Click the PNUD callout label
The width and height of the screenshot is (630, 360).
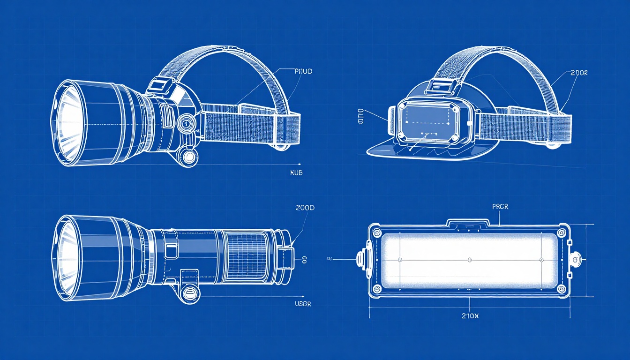click(x=303, y=72)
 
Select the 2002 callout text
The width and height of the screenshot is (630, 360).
click(x=579, y=73)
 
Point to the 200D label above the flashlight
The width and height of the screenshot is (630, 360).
click(x=305, y=208)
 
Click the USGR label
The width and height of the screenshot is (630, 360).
click(x=302, y=304)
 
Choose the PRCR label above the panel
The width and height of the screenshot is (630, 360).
click(x=500, y=207)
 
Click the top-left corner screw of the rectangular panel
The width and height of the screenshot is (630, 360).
click(x=375, y=232)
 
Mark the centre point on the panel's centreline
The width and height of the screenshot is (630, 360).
click(x=469, y=259)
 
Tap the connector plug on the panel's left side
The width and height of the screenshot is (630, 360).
click(x=362, y=259)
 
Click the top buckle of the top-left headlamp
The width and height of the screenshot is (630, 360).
click(x=162, y=85)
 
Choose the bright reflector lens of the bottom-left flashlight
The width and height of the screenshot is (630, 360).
click(x=68, y=258)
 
